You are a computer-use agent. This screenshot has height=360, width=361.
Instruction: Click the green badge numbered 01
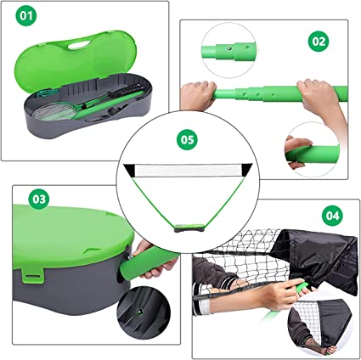point(25,16)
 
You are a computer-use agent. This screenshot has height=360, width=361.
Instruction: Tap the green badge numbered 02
point(319,42)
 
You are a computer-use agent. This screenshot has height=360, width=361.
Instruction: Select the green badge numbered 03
point(39,199)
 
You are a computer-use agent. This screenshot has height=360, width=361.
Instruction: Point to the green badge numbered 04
point(332,216)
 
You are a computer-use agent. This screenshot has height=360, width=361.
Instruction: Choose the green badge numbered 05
point(187,140)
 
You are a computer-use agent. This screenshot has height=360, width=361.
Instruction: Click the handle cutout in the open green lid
point(79,45)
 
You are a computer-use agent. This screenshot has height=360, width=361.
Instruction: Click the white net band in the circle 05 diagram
point(188,171)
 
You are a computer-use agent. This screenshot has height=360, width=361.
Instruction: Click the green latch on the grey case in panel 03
point(33,274)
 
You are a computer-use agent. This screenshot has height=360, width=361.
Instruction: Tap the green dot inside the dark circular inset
point(139,312)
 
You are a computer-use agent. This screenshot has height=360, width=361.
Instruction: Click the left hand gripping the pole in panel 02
point(197,95)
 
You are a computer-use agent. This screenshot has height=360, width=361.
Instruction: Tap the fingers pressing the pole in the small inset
point(297,151)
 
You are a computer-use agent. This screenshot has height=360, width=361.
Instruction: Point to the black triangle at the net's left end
point(130,171)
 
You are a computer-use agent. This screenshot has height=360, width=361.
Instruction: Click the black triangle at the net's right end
point(246,170)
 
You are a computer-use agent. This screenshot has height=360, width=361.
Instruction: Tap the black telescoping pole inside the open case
point(124,91)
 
